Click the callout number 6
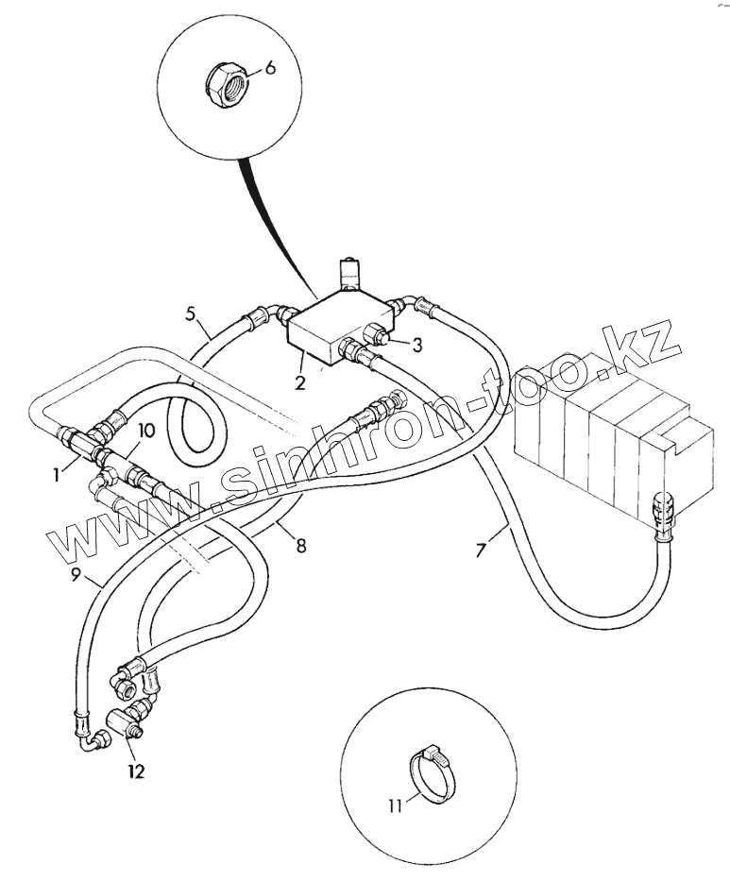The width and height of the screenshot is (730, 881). (270, 68)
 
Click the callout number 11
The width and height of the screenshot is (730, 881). (395, 806)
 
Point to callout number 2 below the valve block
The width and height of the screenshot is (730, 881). (300, 383)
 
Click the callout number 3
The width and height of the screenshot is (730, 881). (416, 345)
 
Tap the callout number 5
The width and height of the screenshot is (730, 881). (191, 313)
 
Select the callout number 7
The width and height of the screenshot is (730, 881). (481, 551)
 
